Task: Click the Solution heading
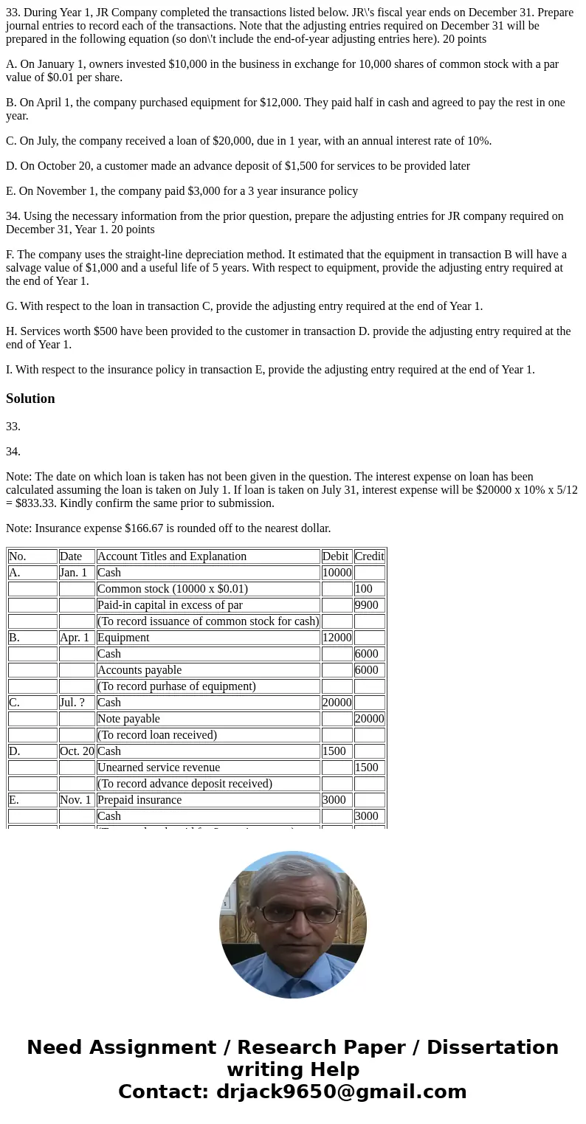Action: (30, 399)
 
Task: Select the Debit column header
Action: (336, 556)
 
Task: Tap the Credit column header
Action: (369, 556)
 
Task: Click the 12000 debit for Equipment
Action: (336, 638)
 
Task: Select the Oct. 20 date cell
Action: (77, 751)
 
